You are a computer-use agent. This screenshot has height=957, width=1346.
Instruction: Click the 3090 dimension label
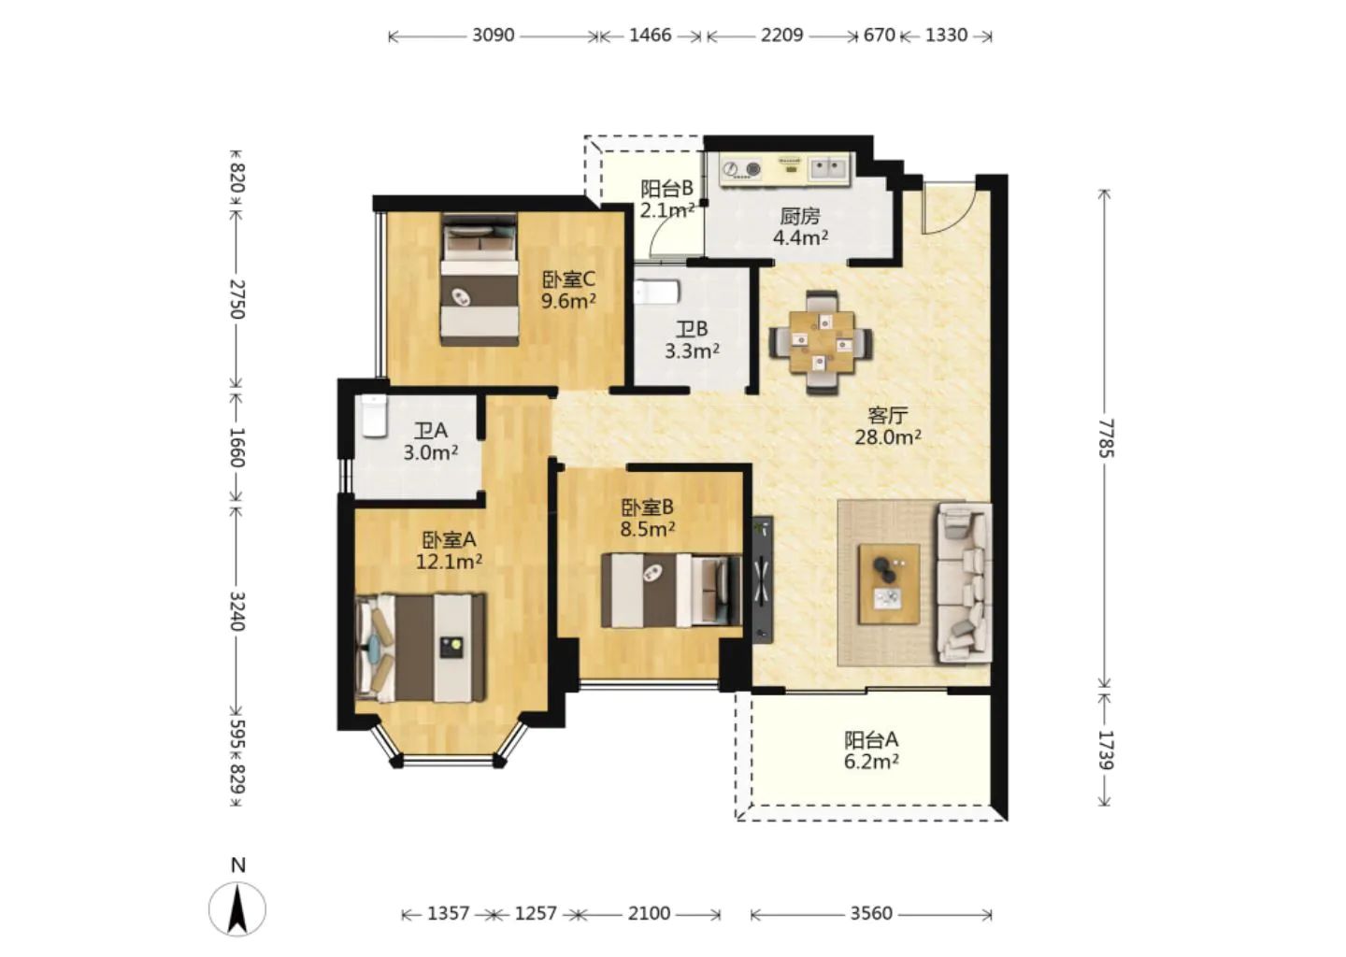493,36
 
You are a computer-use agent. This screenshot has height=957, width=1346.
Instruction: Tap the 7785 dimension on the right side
1105,438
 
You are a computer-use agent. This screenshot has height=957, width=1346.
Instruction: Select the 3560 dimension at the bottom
871,914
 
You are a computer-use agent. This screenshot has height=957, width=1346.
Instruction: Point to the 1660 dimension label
236,447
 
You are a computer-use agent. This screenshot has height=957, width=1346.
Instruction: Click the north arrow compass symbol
237,908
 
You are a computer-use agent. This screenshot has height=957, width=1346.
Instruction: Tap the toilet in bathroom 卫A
374,416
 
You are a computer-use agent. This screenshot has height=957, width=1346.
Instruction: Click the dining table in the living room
822,342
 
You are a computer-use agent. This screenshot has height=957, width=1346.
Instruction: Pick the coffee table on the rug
889,584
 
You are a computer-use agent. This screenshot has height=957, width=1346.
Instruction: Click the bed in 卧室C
480,279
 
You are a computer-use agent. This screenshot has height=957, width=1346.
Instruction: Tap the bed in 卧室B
672,591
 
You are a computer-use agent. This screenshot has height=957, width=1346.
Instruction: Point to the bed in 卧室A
421,648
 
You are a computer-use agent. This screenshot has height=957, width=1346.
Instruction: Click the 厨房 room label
800,215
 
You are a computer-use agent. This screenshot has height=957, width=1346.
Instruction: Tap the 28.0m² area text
888,436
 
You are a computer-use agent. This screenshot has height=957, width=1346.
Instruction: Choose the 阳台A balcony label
871,739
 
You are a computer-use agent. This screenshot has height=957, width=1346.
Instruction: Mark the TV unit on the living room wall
763,579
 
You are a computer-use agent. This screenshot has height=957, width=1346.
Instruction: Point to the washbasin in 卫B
656,293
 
